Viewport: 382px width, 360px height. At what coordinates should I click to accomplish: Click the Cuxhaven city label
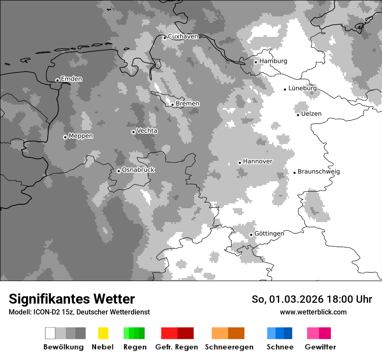[183, 36]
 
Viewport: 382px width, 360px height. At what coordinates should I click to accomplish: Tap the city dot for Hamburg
[256, 62]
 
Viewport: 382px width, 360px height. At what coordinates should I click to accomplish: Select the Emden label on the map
[71, 79]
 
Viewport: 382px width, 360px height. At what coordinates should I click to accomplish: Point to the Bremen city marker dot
[172, 105]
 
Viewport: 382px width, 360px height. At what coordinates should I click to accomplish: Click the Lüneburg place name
[302, 88]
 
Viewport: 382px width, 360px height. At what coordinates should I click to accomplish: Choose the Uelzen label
[311, 114]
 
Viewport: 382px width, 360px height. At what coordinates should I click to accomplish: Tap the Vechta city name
[147, 131]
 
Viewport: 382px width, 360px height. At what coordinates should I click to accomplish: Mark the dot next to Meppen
[65, 137]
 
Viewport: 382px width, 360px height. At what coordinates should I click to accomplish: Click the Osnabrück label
[138, 170]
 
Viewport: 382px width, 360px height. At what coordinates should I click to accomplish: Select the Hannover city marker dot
[240, 163]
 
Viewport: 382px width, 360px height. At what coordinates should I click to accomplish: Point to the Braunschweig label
[319, 171]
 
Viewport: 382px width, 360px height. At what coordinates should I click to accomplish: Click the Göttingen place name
[269, 233]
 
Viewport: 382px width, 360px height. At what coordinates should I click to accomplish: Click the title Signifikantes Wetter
[72, 299]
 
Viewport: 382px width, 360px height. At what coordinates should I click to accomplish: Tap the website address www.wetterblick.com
[313, 312]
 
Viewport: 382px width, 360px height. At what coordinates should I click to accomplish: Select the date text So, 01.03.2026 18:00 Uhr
[312, 299]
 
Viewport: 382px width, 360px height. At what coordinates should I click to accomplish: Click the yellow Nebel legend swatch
[103, 333]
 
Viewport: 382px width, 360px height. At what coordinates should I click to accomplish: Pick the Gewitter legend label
[320, 347]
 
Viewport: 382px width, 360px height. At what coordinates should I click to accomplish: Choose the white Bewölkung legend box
[50, 333]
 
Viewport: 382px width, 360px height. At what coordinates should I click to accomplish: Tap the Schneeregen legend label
[229, 347]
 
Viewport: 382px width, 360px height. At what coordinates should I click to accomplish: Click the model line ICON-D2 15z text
[79, 312]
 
